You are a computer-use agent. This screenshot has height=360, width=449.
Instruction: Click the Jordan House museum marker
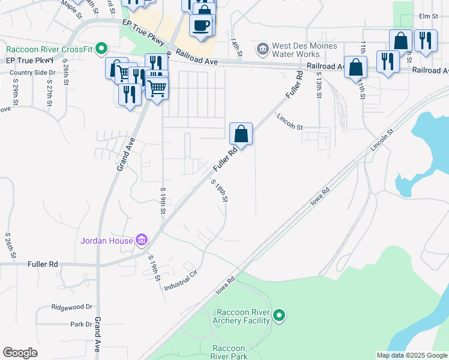[142, 241]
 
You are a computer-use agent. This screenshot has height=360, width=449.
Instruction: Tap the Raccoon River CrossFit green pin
[102, 48]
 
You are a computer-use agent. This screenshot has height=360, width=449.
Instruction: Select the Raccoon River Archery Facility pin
[279, 315]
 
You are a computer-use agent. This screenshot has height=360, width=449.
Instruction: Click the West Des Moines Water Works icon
[262, 48]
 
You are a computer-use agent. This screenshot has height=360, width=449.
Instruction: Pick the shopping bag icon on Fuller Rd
[241, 134]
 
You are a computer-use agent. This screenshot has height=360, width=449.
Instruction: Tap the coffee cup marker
[200, 25]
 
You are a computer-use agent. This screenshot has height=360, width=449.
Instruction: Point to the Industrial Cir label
[181, 280]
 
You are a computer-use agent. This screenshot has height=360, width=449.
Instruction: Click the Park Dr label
[80, 324]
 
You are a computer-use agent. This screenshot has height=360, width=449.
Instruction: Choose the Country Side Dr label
[28, 73]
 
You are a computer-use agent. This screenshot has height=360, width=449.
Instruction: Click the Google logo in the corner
[19, 353]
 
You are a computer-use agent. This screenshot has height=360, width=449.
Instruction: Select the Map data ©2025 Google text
[412, 355]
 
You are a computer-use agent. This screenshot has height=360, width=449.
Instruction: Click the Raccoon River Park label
[228, 352]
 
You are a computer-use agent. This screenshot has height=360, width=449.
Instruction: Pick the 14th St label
[236, 48]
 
